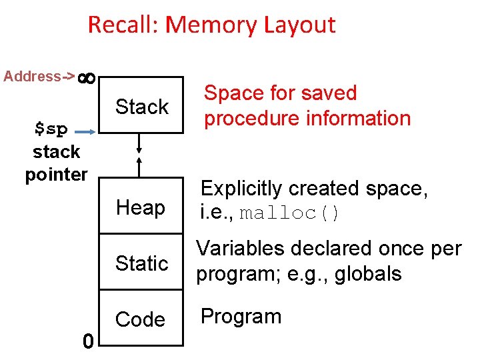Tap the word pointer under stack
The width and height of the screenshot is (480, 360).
pos(56,175)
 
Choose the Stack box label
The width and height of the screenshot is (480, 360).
pos(142,107)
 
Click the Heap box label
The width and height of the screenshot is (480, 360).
pos(140,208)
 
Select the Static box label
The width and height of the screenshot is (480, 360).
pos(141,263)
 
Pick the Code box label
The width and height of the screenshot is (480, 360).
pos(140,319)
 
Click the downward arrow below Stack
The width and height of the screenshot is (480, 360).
pos(139,143)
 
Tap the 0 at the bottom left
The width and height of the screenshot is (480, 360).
pos(87,341)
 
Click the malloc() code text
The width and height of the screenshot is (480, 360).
pos(289,214)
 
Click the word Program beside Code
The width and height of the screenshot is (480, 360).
pos(241,316)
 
